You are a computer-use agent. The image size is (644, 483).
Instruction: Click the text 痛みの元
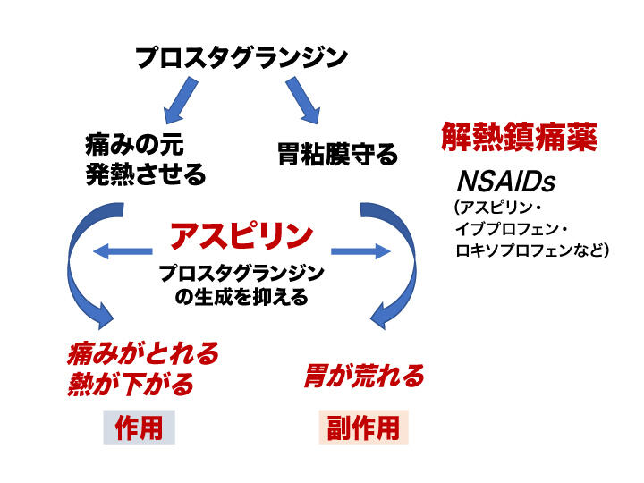pos(134,145)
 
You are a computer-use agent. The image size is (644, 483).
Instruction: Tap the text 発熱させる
pos(145,174)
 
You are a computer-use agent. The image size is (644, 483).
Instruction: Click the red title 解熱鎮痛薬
pos(519,136)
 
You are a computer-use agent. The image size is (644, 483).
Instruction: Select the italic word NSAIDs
pos(505,182)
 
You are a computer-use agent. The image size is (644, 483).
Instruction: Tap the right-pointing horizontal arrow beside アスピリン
pos(357,252)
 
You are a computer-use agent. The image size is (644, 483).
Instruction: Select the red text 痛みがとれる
pos(143,353)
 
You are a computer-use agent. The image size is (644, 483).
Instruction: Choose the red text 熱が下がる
pos(130,385)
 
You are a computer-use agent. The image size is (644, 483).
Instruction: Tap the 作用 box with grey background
pos(140,428)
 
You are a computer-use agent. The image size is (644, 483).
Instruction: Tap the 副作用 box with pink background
pos(363,428)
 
